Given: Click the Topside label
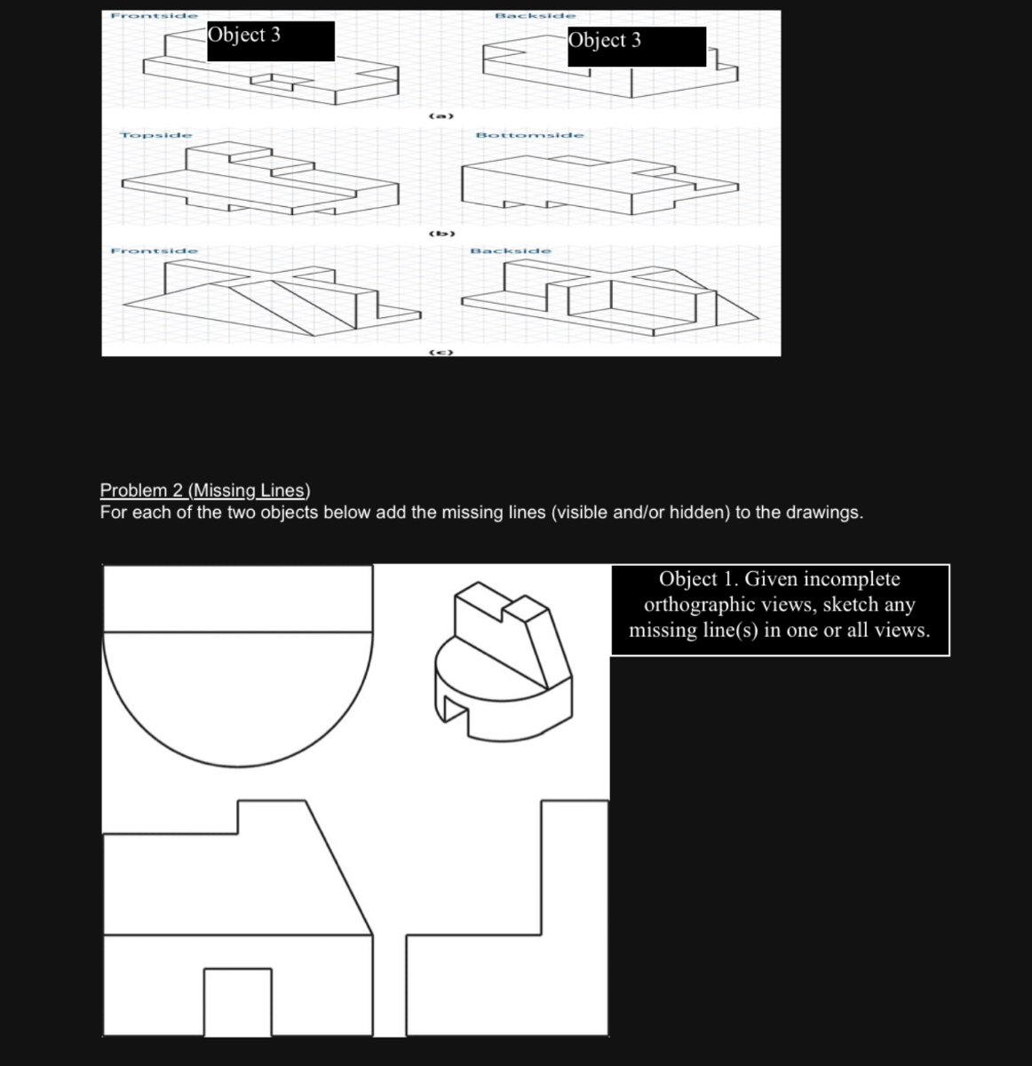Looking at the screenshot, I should point(156,135).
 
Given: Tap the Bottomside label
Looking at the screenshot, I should point(530,135).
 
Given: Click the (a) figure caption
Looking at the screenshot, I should point(441,116).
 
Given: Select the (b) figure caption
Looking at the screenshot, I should point(441,234).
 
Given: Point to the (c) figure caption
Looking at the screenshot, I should point(441,353).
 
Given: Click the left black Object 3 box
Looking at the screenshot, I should point(271,41).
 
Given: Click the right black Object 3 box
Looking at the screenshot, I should point(636,46).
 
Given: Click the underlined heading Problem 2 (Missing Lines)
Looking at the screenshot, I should point(205,490).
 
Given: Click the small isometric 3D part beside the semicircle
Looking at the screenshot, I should point(503,662).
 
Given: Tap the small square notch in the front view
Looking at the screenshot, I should point(237,1002).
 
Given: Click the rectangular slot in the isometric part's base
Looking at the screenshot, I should point(454,710).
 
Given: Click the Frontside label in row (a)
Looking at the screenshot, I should point(153,16).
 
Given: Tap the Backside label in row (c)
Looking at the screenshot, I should point(511,251).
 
